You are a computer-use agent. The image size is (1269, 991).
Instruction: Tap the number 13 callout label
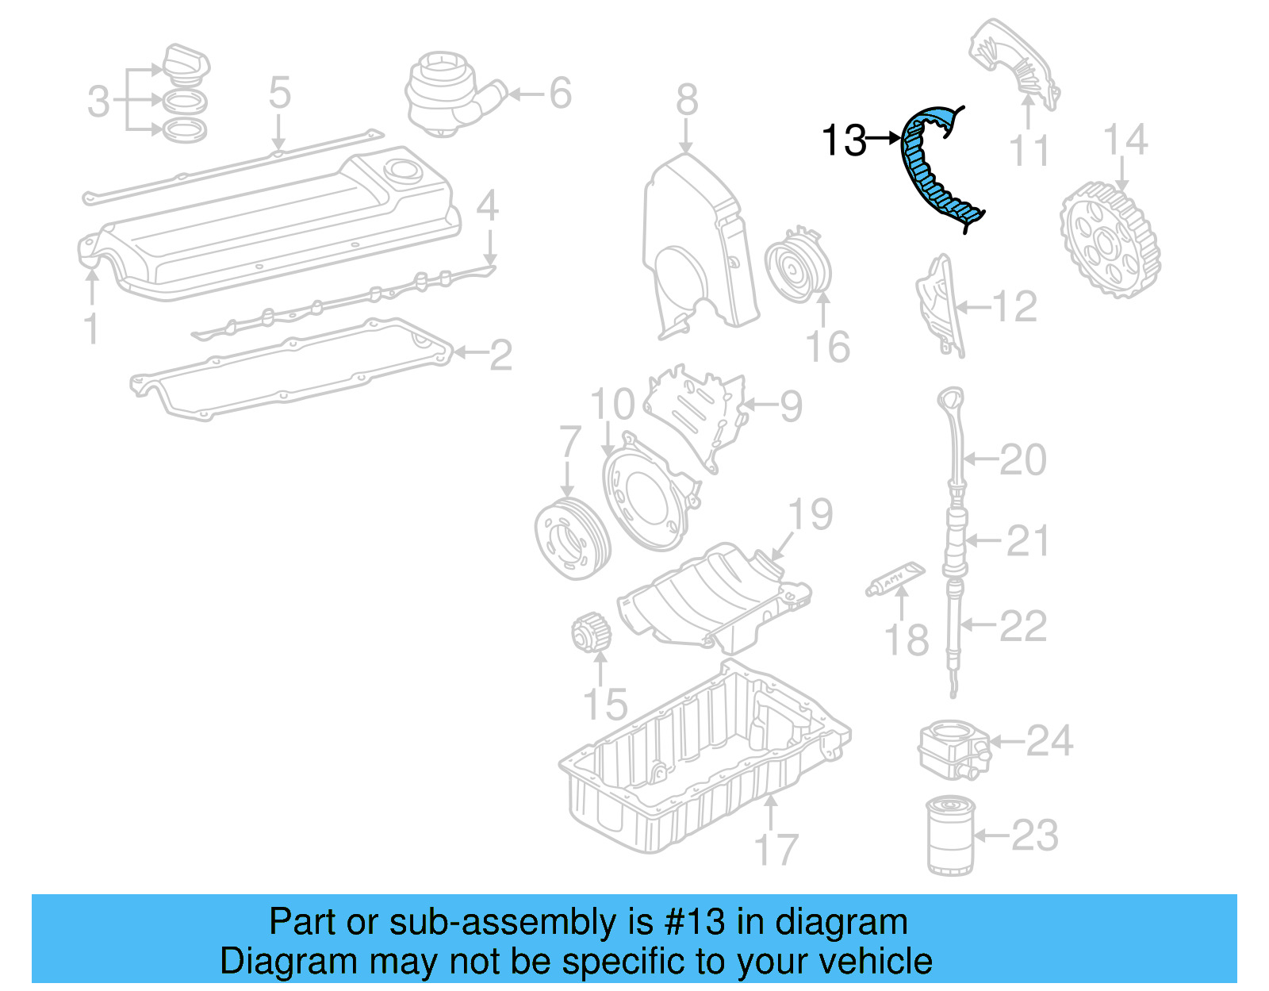coord(844,140)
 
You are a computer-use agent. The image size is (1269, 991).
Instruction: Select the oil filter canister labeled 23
coord(950,836)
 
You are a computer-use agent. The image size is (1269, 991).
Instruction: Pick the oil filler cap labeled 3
coord(186,63)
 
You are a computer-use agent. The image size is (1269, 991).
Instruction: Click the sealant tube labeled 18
coord(895,580)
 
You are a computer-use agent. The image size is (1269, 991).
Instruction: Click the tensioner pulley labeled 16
coord(798,266)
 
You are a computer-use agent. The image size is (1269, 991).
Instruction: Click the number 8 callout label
coord(687,100)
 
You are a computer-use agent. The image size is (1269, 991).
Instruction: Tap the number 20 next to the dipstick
coord(1022,459)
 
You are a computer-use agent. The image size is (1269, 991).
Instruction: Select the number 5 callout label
coord(279,93)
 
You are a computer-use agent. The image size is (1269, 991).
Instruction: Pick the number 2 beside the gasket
coord(500,355)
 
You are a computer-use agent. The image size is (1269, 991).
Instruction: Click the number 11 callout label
coord(1029,151)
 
